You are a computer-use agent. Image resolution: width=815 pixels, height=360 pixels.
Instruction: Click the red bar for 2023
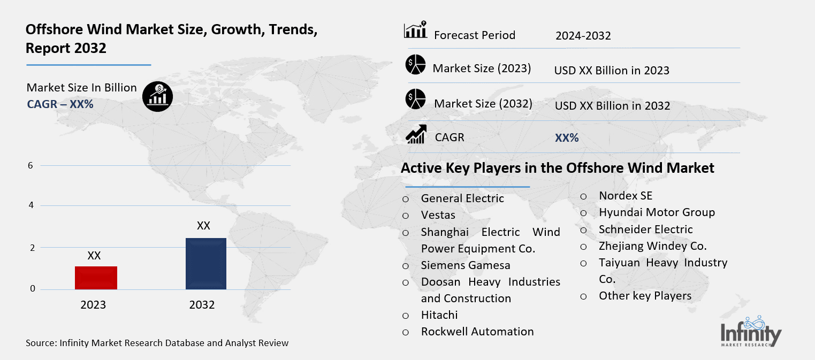coord(96,278)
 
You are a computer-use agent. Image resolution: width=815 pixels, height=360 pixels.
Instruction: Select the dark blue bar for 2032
coord(205,264)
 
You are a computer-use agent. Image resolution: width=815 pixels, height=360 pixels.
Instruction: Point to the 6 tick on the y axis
coord(31,166)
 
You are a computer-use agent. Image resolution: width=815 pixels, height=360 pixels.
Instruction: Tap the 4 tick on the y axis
coord(31,205)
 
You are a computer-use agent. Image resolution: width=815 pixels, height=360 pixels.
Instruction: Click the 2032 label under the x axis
coord(202,305)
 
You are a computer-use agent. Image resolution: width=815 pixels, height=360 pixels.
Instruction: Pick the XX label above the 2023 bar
coord(94,256)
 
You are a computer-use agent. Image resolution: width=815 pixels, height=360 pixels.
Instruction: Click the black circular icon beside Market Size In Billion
coord(157,96)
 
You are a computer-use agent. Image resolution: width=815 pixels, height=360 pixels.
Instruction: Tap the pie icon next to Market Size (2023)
coord(415,65)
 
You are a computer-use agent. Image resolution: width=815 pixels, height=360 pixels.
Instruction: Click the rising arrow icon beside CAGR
coord(416,134)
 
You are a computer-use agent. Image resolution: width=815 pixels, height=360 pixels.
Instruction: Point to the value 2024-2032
coord(583,36)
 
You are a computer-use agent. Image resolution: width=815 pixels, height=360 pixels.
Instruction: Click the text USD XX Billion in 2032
coord(612,106)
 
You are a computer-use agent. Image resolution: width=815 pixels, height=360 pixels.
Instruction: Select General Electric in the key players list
coord(462,198)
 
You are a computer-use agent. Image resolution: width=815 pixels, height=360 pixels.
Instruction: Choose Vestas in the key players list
coord(438,215)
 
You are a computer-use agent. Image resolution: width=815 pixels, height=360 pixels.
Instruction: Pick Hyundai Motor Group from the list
coord(657,212)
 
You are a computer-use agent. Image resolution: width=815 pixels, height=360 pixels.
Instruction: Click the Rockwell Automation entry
coord(477,332)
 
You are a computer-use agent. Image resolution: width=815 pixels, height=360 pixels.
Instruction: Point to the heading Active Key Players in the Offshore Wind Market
coord(557,168)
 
